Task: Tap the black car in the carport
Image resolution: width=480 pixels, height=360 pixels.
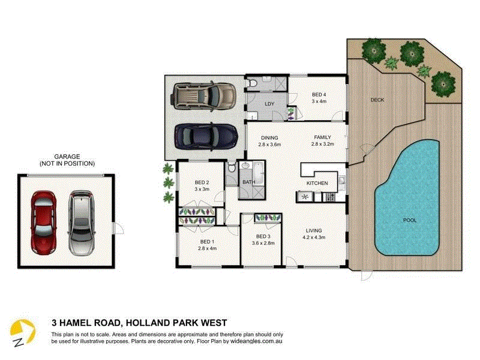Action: pyautogui.click(x=204, y=136)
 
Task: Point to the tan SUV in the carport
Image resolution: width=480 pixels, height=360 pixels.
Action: pyautogui.click(x=204, y=95)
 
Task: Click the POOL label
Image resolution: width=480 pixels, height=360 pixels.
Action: pyautogui.click(x=409, y=220)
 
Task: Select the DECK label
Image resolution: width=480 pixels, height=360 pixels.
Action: pyautogui.click(x=377, y=100)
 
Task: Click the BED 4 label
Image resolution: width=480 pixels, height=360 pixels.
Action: pyautogui.click(x=319, y=95)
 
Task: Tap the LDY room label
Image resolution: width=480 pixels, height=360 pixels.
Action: pyautogui.click(x=269, y=104)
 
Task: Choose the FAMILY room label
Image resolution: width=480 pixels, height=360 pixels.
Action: pyautogui.click(x=322, y=137)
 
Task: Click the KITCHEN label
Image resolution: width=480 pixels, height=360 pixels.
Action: pyautogui.click(x=317, y=182)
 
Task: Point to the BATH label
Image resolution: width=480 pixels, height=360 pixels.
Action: pyautogui.click(x=248, y=182)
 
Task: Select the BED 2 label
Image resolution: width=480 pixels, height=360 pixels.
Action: pyautogui.click(x=202, y=182)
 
